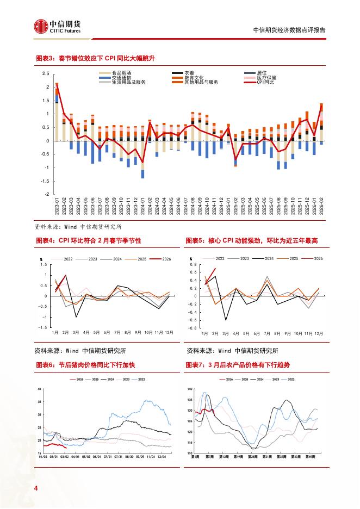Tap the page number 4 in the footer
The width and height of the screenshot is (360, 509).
(x=36, y=488)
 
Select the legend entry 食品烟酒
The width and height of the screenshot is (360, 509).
(x=121, y=72)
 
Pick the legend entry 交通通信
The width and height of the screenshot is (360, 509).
(x=121, y=77)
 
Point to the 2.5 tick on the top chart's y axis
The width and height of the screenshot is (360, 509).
(x=46, y=73)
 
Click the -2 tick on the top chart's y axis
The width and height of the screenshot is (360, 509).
(x=47, y=194)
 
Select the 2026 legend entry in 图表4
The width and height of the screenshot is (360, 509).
(x=166, y=259)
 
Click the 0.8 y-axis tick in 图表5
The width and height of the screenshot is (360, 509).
(x=193, y=264)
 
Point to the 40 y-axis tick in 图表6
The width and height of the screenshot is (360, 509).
(x=39, y=389)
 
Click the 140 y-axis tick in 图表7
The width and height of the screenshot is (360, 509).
(x=190, y=389)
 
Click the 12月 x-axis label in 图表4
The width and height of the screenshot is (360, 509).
(x=169, y=332)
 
